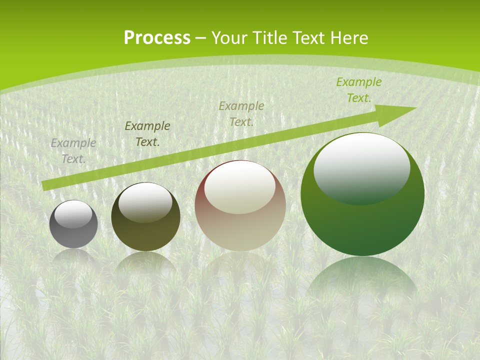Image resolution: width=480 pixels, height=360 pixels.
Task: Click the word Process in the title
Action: [x=157, y=38]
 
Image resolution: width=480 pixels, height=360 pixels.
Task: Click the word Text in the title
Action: [x=308, y=38]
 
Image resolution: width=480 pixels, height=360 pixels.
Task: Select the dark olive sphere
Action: [x=145, y=235]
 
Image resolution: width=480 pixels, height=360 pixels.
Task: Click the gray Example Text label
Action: [x=73, y=150]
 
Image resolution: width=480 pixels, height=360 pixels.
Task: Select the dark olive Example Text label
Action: [x=147, y=133]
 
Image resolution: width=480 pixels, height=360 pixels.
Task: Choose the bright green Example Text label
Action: [x=359, y=89]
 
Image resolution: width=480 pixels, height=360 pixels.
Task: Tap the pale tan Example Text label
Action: [x=241, y=113]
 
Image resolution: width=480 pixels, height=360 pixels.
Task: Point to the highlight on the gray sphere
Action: [x=73, y=213]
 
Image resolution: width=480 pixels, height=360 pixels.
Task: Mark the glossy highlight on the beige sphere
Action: [x=240, y=186]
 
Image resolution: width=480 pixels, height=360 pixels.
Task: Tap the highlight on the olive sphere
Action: [x=145, y=201]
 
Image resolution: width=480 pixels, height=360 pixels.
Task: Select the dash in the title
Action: [x=201, y=38]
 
